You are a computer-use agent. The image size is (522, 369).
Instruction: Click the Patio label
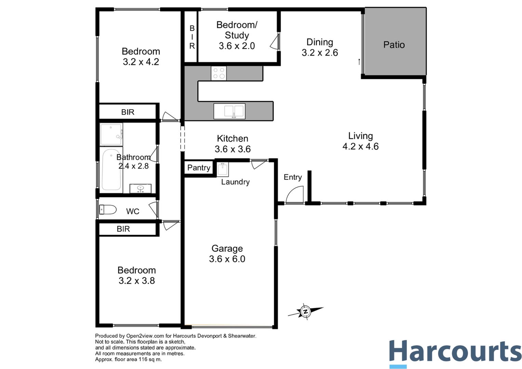[x=394, y=45]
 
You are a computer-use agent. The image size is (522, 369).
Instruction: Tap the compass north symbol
[x=305, y=311]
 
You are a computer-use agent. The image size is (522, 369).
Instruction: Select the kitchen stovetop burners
[x=219, y=73]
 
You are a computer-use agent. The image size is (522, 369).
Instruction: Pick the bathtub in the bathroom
[x=111, y=169]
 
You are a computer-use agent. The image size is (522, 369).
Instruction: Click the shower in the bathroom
[x=111, y=134]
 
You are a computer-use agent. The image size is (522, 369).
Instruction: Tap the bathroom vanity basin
[x=140, y=188]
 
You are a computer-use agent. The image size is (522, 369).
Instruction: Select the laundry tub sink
[x=223, y=169]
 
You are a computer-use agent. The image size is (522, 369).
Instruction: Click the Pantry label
[x=199, y=168]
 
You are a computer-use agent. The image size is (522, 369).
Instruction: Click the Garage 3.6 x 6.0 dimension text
[x=227, y=259]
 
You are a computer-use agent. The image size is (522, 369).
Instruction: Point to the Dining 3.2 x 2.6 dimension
[x=320, y=53]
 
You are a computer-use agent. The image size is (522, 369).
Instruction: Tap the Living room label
[x=360, y=136]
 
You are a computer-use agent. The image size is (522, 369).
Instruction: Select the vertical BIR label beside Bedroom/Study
[x=192, y=37]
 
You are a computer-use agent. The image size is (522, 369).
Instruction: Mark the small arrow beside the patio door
[x=359, y=62]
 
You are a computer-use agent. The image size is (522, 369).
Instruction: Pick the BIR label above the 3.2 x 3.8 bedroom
[x=123, y=229]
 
